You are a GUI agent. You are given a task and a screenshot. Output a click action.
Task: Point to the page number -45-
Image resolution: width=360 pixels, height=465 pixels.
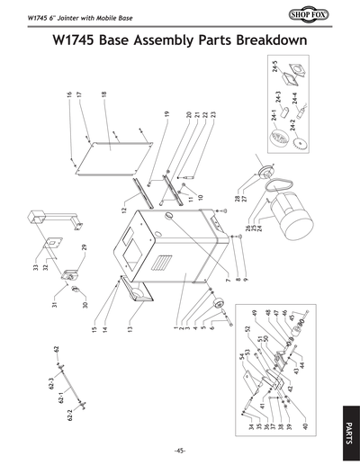click(x=180, y=451)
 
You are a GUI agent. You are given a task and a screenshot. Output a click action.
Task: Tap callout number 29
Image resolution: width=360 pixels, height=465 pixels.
click(x=84, y=247)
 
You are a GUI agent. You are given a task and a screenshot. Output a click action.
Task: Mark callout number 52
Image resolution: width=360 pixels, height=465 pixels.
click(x=246, y=328)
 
